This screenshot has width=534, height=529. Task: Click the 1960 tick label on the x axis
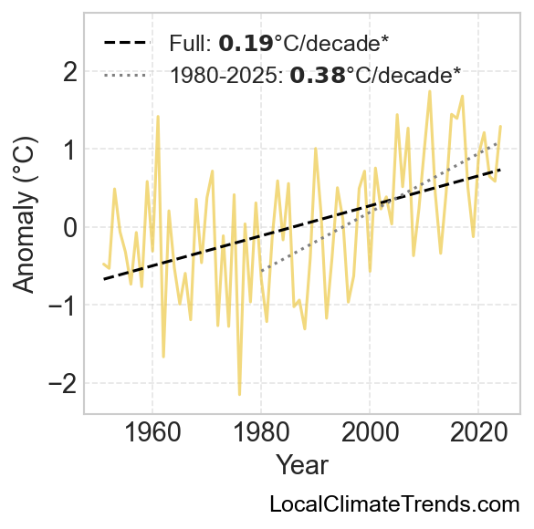click(x=152, y=432)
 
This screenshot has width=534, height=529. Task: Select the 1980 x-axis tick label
click(x=262, y=432)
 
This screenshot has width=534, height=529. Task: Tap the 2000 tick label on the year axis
click(x=370, y=432)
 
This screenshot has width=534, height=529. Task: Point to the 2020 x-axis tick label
click(x=478, y=432)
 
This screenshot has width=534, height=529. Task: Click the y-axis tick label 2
click(x=70, y=71)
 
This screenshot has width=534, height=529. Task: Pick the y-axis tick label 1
click(x=71, y=150)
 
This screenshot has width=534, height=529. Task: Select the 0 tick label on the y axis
click(x=70, y=227)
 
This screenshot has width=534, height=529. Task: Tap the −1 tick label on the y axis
click(x=63, y=306)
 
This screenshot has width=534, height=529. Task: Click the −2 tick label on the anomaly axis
click(x=63, y=383)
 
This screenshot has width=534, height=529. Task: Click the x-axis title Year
click(x=302, y=465)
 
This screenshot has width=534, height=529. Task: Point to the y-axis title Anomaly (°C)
click(x=24, y=214)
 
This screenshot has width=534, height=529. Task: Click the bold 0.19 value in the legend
click(x=246, y=43)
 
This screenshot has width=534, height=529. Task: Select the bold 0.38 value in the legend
click(x=318, y=75)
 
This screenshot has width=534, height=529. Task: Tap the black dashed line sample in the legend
click(x=127, y=43)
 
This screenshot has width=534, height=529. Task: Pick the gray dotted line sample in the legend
click(x=127, y=75)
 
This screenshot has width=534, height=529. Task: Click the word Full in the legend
click(x=190, y=43)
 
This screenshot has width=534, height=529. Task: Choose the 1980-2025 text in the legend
click(x=226, y=75)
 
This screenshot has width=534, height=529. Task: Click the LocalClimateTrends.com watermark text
click(x=394, y=503)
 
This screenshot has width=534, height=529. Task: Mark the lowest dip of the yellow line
click(x=240, y=395)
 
